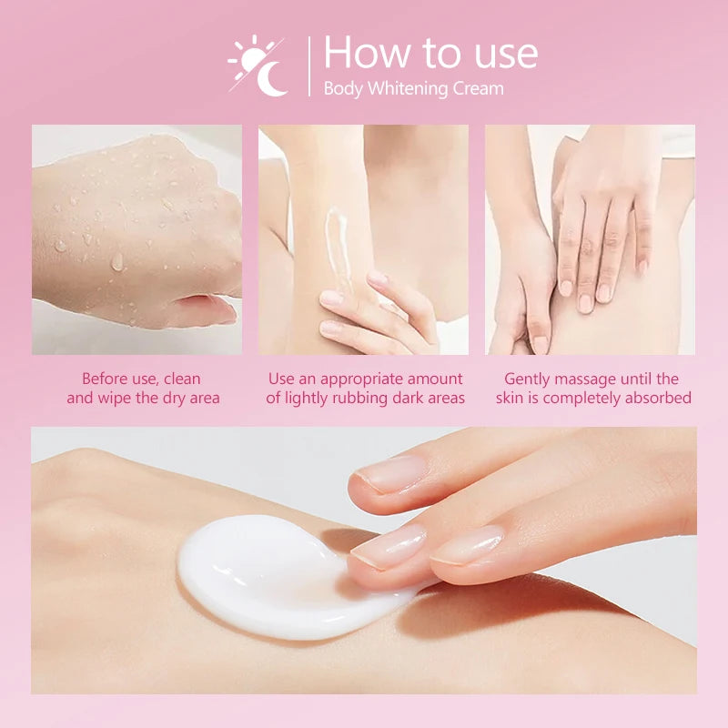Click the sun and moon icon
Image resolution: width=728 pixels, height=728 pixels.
point(258,66)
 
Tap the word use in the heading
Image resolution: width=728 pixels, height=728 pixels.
point(506,56)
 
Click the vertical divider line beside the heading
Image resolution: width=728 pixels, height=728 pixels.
point(309,66)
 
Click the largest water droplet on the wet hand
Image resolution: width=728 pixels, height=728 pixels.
point(117,261)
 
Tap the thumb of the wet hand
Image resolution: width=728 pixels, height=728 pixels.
point(204,308)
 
